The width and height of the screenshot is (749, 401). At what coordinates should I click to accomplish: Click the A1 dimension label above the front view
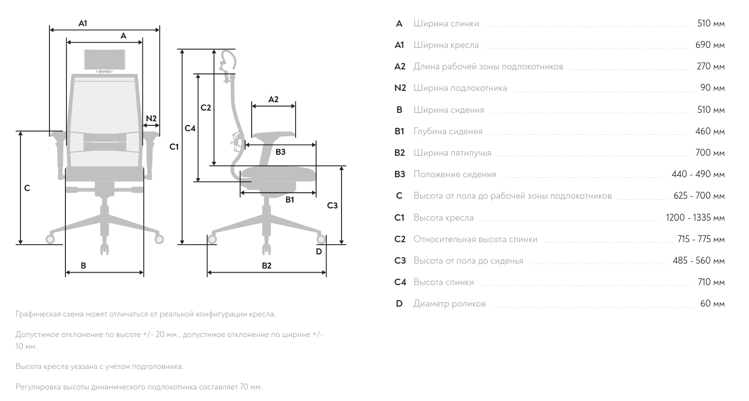[83, 23]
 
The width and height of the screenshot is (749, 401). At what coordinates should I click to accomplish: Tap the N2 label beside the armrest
[151, 118]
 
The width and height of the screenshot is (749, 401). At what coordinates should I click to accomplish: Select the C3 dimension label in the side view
[332, 205]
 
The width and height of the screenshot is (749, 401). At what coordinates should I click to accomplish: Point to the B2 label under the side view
[267, 266]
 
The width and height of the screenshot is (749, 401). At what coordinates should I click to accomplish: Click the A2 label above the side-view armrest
[273, 99]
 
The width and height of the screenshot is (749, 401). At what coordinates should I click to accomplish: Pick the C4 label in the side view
[190, 128]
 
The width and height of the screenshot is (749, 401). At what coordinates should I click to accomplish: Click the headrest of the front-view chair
[104, 60]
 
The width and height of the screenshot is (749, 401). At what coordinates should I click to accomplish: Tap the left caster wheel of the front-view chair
[50, 239]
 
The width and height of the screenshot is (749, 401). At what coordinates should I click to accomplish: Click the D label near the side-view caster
[319, 251]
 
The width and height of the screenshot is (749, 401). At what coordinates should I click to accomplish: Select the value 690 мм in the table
[710, 45]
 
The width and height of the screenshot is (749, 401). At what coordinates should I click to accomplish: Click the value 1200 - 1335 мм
[695, 218]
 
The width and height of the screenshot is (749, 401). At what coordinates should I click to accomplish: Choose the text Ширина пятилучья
[452, 153]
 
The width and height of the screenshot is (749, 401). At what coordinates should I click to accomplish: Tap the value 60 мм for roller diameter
[712, 304]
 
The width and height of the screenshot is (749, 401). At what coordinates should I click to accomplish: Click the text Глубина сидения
[448, 131]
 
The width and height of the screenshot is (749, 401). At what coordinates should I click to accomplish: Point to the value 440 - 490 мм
[698, 174]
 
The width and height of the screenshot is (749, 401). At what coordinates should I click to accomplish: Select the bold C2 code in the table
[400, 239]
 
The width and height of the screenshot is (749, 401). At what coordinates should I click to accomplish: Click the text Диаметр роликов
[449, 304]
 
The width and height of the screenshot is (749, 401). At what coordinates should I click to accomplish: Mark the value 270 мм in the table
[711, 66]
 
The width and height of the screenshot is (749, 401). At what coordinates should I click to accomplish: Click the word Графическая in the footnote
[39, 314]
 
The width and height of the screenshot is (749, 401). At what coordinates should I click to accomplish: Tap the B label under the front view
[83, 266]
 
